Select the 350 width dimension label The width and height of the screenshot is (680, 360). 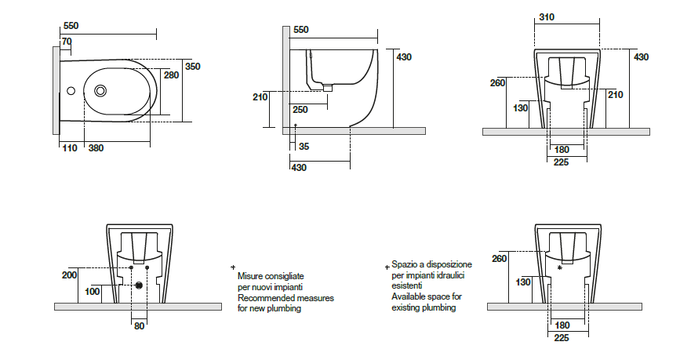[192, 67]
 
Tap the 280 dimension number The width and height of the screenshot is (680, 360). [171, 75]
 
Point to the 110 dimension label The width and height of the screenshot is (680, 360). [69, 148]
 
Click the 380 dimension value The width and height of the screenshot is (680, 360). [96, 148]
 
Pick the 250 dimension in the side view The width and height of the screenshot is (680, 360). [300, 110]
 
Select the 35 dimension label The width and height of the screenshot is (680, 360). [304, 147]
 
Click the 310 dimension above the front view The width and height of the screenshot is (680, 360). [547, 18]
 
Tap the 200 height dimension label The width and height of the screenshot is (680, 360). [69, 275]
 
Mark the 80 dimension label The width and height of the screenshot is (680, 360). [139, 325]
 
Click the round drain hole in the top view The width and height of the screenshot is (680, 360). [101, 91]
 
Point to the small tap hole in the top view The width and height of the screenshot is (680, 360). [71, 91]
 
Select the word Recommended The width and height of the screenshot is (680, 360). [266, 299]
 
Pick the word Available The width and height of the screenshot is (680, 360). [409, 297]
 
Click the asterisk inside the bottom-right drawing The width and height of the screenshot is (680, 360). [559, 267]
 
